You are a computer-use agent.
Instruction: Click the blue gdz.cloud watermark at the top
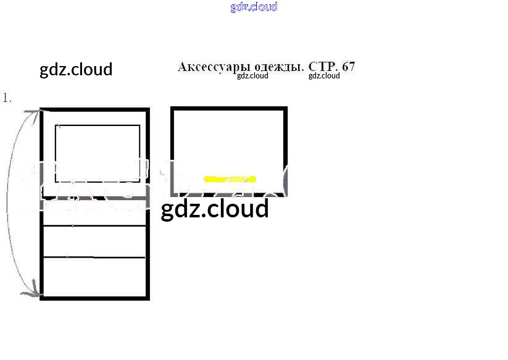(x=254, y=7)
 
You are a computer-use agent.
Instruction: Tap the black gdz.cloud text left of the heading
(x=76, y=69)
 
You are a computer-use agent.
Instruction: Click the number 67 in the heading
(x=349, y=67)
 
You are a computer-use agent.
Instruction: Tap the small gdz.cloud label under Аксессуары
(x=252, y=76)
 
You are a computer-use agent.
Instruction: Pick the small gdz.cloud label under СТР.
(x=324, y=76)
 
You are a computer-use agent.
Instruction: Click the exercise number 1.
(x=7, y=98)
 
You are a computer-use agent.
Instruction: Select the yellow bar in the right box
(x=230, y=179)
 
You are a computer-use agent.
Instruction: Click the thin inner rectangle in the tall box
(x=98, y=126)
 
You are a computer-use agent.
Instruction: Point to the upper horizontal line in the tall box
(x=94, y=226)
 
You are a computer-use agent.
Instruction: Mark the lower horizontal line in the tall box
(x=94, y=256)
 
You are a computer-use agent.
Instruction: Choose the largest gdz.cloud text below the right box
(x=215, y=209)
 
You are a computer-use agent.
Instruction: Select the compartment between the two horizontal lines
(x=94, y=241)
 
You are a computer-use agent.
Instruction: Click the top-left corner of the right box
(x=173, y=109)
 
